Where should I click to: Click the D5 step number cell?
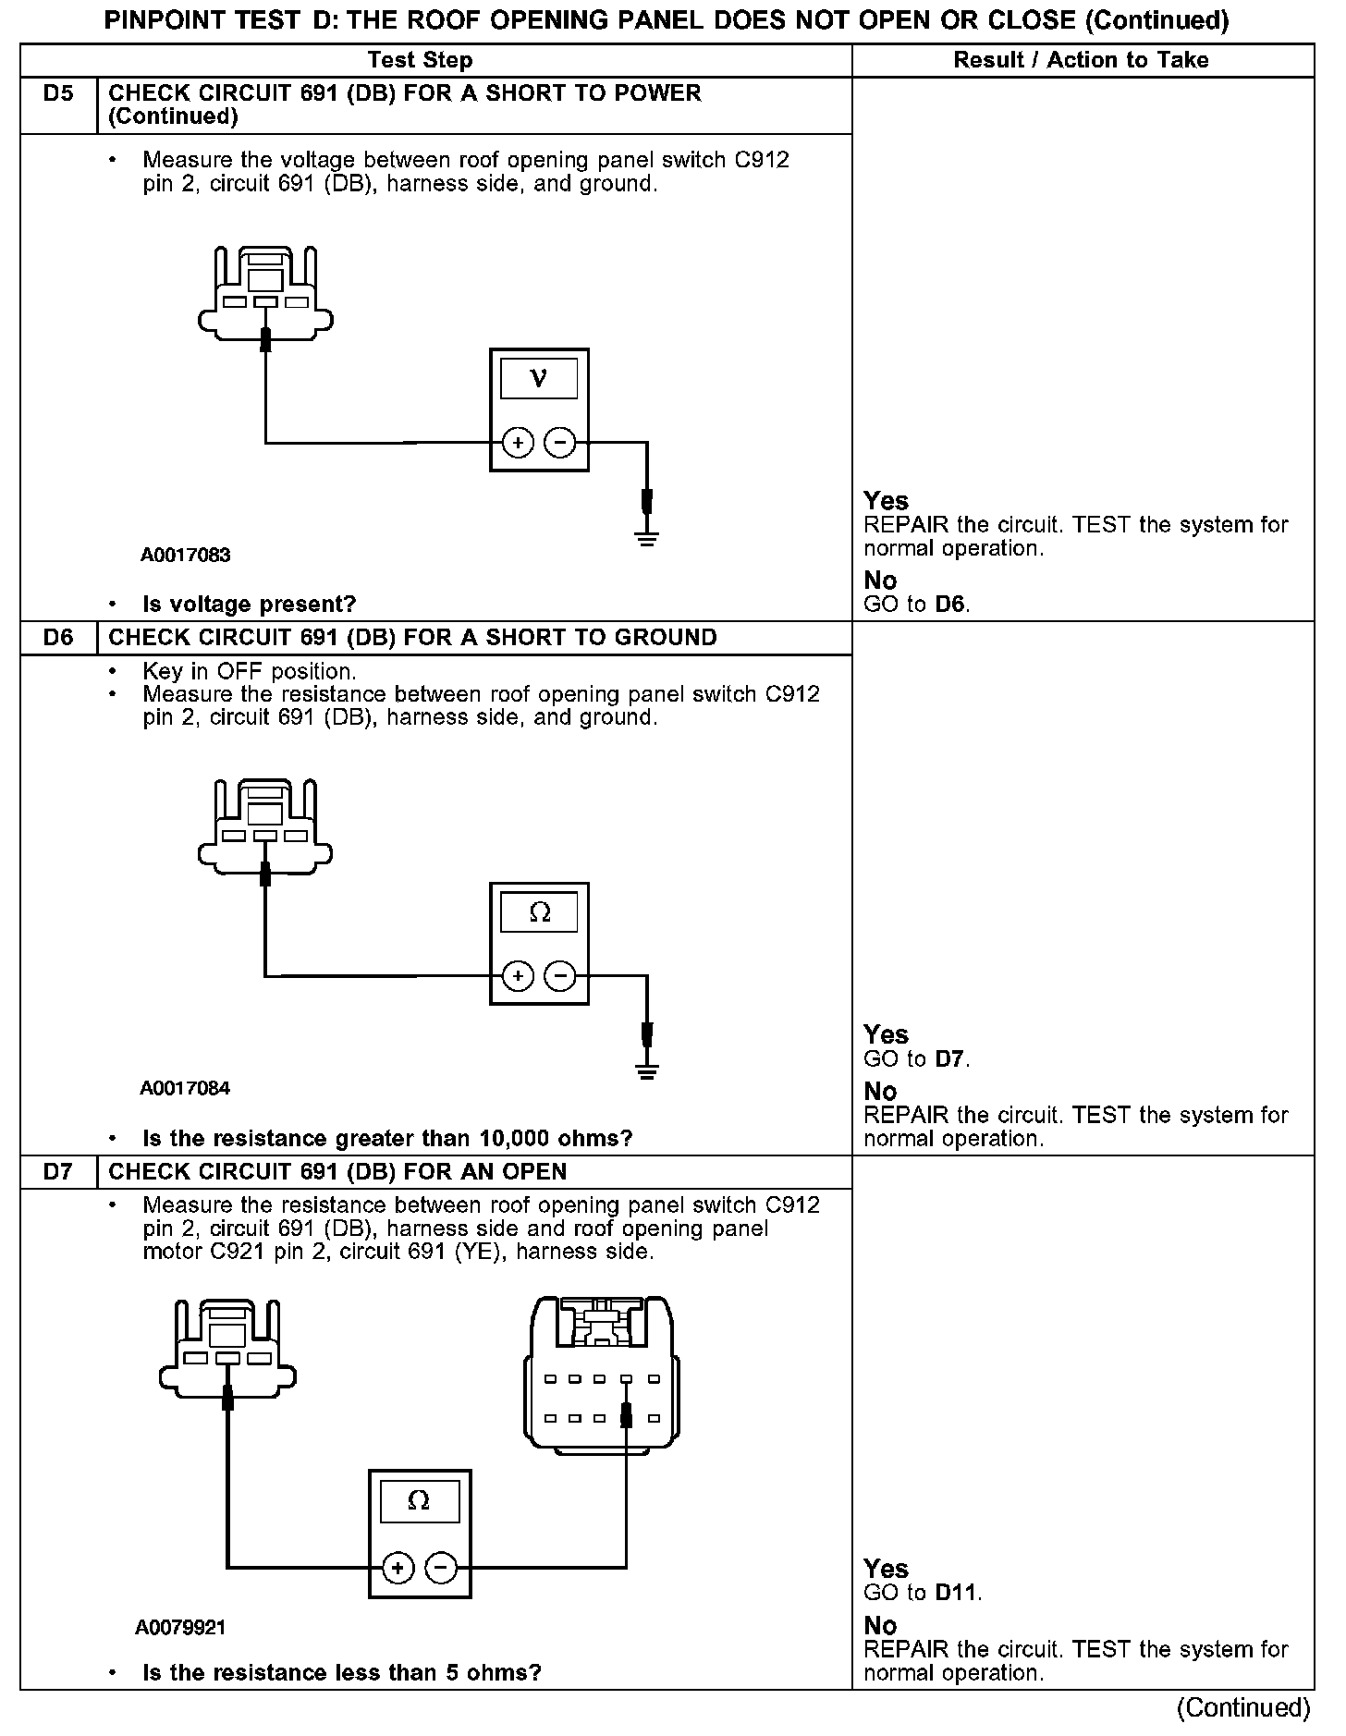click(x=58, y=94)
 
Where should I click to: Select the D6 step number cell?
click(x=58, y=638)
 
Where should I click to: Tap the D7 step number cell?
click(x=58, y=1172)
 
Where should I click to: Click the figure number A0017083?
click(x=185, y=556)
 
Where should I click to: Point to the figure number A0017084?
click(x=185, y=1088)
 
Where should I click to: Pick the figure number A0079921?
click(x=180, y=1627)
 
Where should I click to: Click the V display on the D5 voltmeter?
click(x=539, y=379)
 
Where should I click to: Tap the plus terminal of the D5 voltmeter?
click(x=518, y=444)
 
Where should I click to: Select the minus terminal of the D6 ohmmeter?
click(x=560, y=976)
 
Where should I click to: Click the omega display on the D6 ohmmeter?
click(x=539, y=913)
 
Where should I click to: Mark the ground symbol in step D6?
click(x=647, y=1072)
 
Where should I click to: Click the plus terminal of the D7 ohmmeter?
click(x=398, y=1567)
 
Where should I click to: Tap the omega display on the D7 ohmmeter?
click(x=419, y=1502)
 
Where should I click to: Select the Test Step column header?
click(x=420, y=60)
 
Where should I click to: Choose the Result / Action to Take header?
click(x=1081, y=60)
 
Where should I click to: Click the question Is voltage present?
click(x=250, y=605)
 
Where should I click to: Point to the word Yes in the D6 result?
click(x=886, y=1034)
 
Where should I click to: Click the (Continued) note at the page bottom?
click(x=1243, y=1707)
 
